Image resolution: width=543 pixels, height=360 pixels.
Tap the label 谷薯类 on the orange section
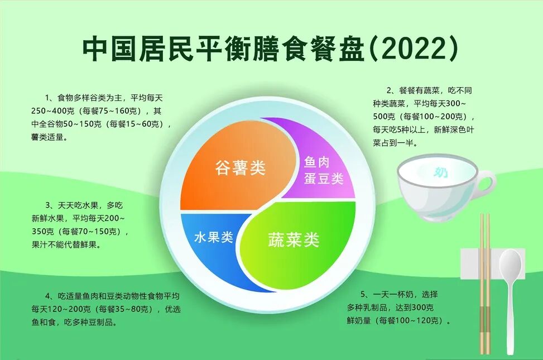coord(240,168)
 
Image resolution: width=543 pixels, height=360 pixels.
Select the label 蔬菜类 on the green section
coord(294,240)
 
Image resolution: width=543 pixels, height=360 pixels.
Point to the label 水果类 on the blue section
coord(214,237)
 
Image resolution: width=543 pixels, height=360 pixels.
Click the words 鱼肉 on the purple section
coord(316,162)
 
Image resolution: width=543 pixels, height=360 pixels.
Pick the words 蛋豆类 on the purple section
coord(324,178)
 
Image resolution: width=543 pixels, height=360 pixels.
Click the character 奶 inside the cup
coord(440,171)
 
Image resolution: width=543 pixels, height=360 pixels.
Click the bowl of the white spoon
coord(510,265)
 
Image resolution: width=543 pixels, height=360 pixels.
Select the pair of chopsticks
coord(484,284)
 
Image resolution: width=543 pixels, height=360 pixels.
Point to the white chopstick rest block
coord(492,263)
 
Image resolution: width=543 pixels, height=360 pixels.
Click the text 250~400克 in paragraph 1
coord(52,111)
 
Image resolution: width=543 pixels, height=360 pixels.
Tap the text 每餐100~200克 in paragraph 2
coord(433,117)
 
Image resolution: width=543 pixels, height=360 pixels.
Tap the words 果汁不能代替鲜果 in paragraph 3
coord(64,244)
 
